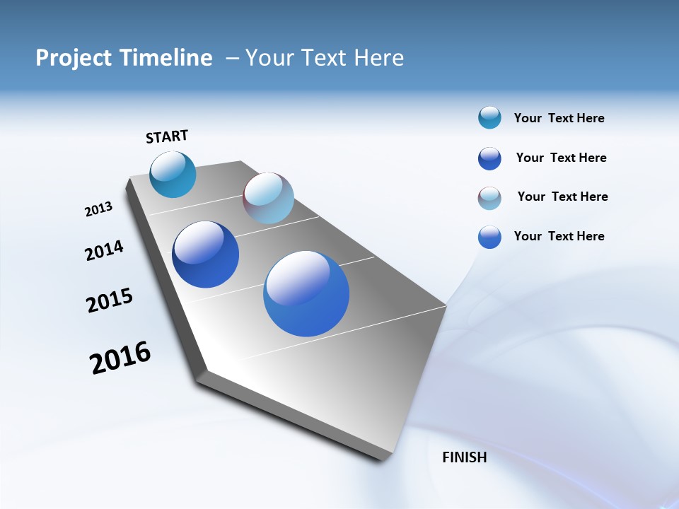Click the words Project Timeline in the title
tap(124, 58)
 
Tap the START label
tap(167, 136)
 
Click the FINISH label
tap(465, 457)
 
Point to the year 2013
tap(98, 209)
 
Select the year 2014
tap(104, 250)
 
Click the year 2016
tap(120, 358)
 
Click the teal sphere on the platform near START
tap(173, 175)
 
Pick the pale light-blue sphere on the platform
tap(268, 198)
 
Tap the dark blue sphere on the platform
tap(205, 255)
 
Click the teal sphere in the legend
tap(489, 117)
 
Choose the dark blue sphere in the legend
tap(489, 158)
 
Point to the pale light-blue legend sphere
tap(489, 198)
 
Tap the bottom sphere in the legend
tap(489, 237)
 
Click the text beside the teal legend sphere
tap(559, 118)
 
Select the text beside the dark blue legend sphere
tap(561, 158)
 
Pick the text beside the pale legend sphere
tap(562, 197)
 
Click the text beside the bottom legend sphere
tap(559, 236)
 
